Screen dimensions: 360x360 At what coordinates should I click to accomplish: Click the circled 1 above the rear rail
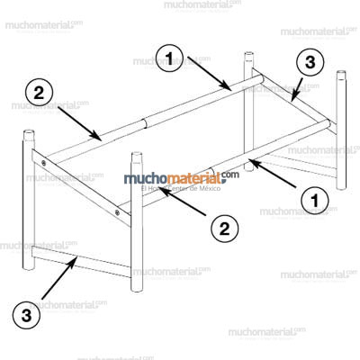coord(172,59)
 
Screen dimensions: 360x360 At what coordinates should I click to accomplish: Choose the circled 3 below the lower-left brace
coord(28,316)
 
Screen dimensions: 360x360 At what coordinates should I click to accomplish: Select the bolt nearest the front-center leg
coord(118,212)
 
